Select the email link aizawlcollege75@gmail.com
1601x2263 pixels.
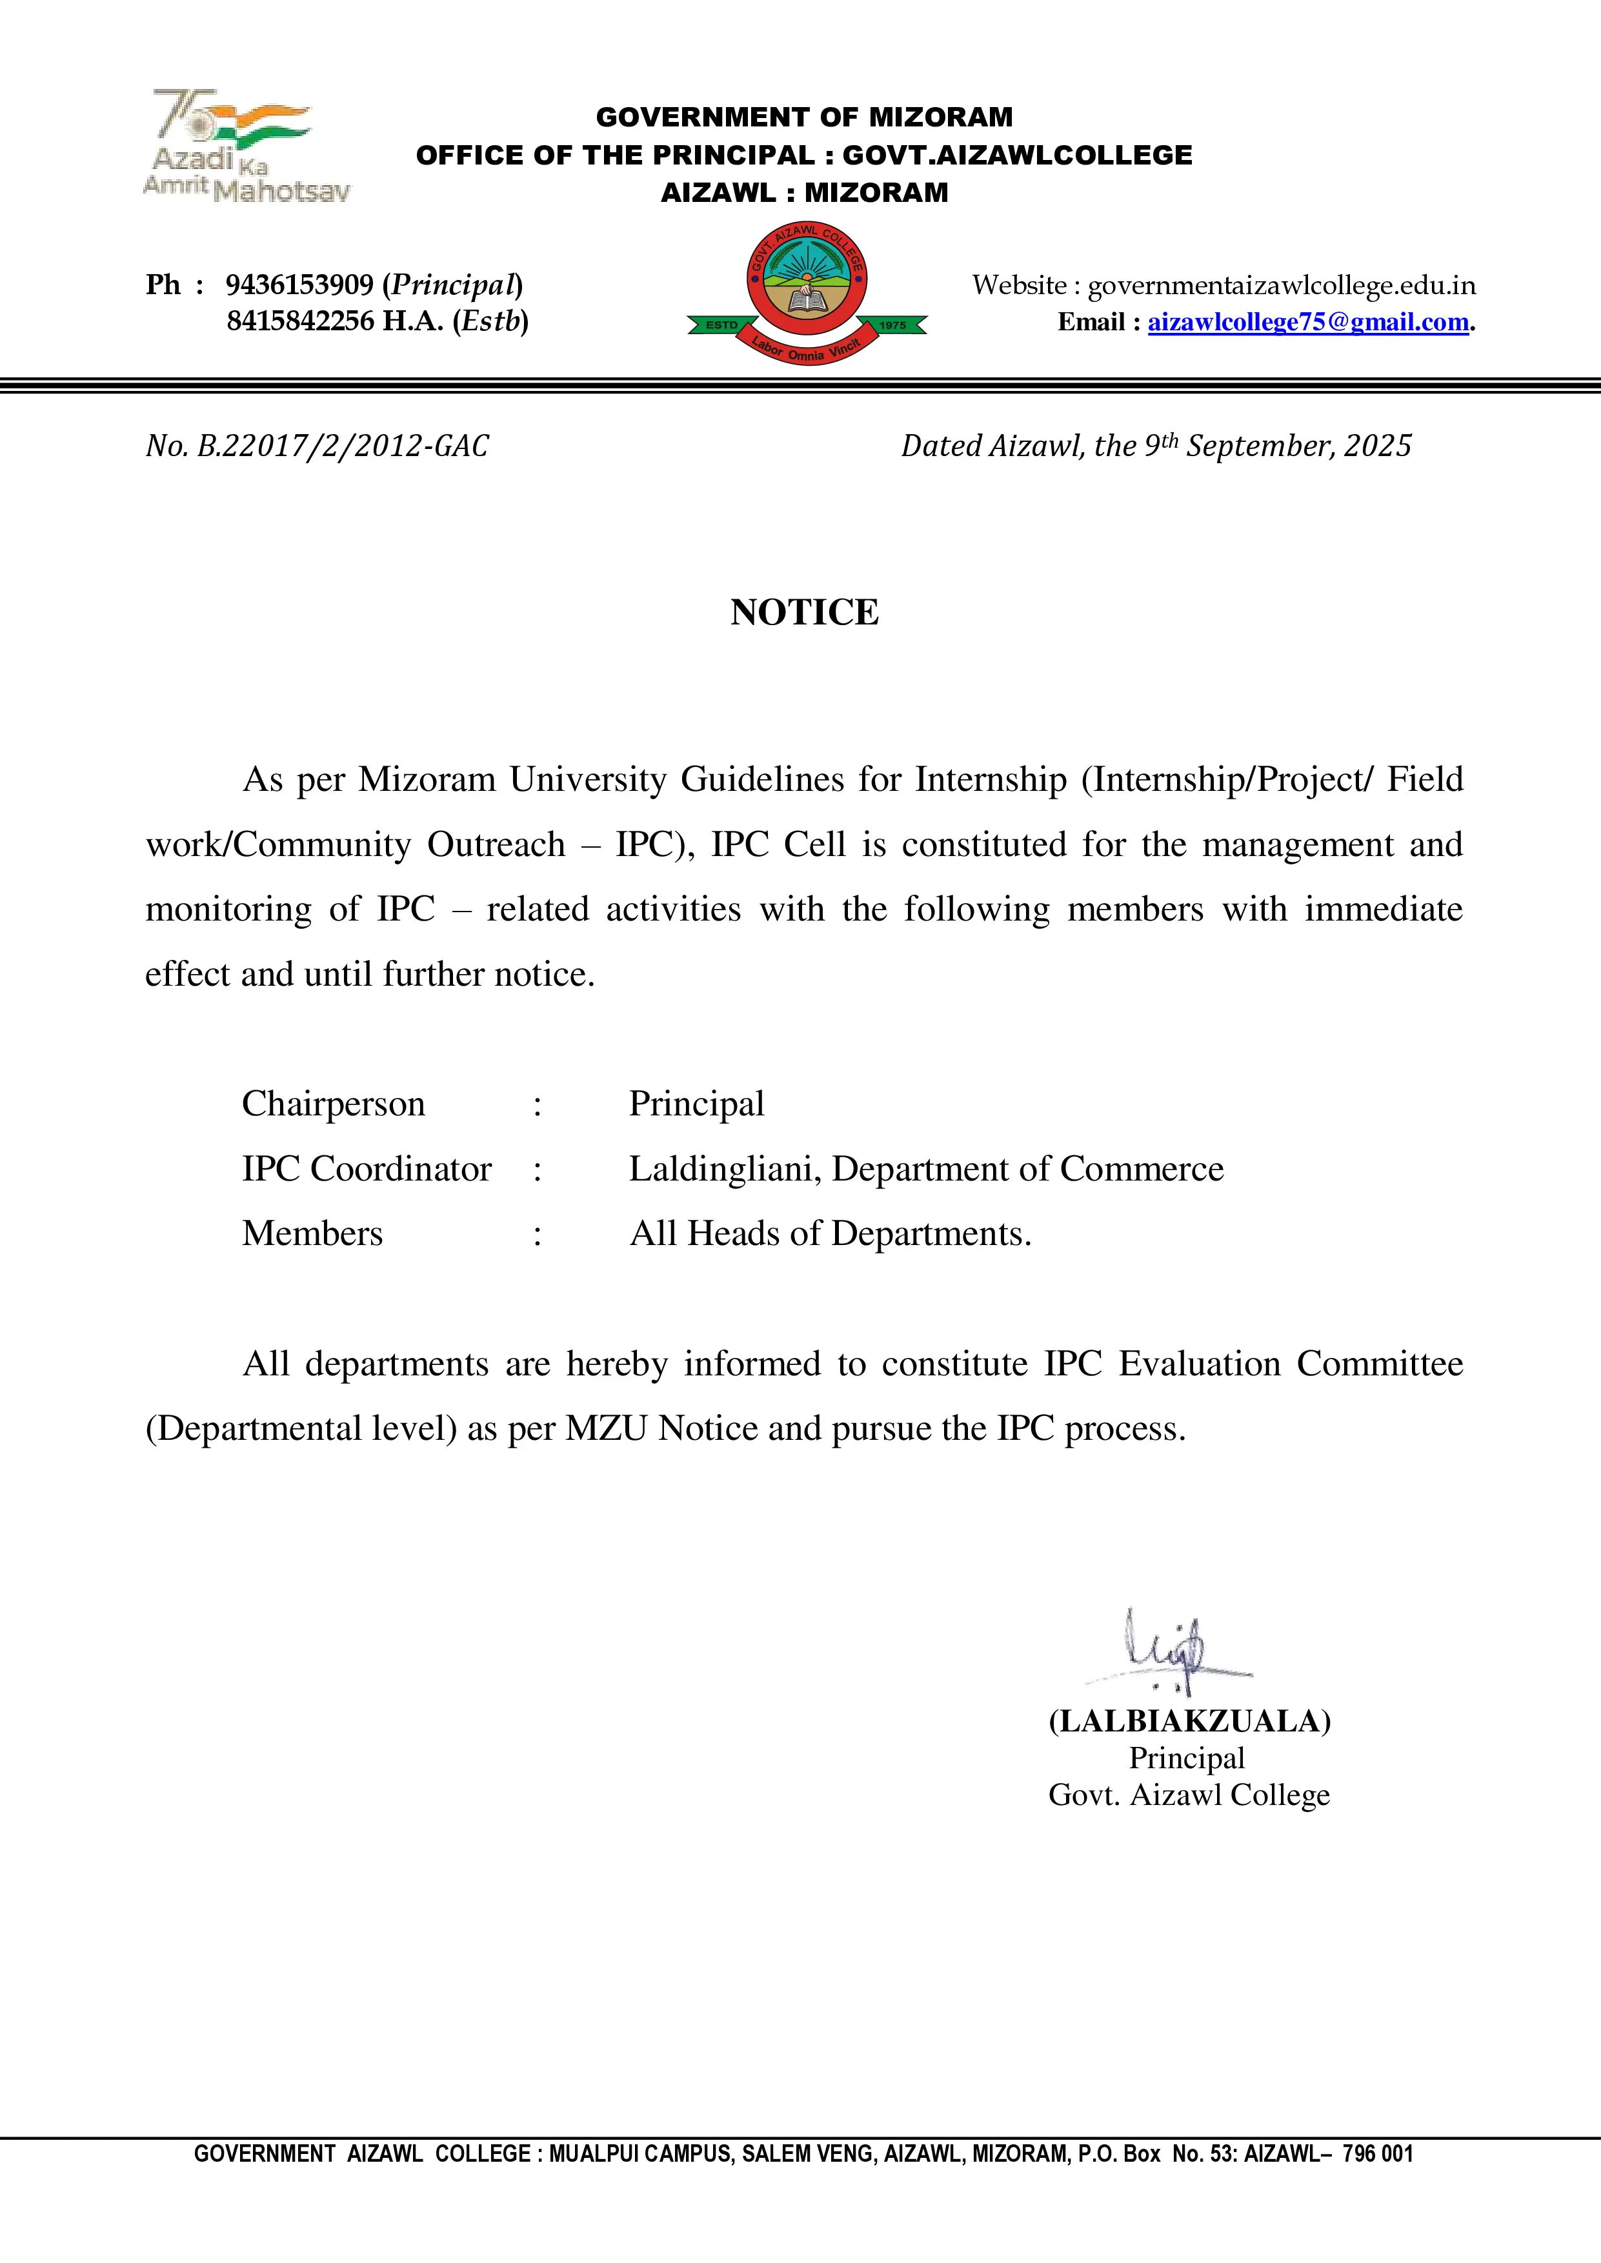(1307, 323)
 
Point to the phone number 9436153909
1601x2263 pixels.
(299, 285)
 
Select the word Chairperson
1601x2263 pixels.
(333, 1104)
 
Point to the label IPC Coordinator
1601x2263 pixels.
(367, 1169)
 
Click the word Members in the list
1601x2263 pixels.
(312, 1234)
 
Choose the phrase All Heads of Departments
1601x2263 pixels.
(830, 1234)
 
